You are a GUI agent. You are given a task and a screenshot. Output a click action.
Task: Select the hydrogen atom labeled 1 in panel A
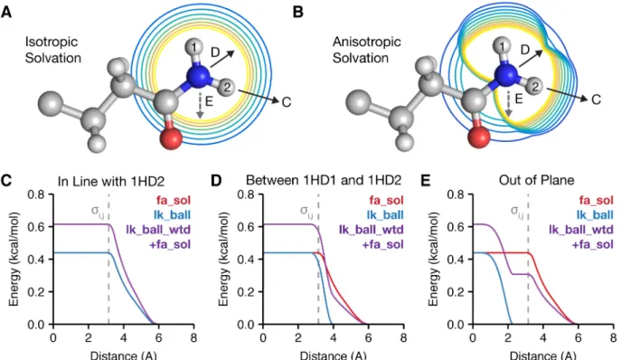click(x=194, y=48)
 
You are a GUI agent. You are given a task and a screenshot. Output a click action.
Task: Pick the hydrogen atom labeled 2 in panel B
click(x=535, y=86)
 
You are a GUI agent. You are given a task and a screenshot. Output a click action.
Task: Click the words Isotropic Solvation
click(x=53, y=50)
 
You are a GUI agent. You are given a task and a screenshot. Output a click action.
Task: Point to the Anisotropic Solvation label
click(x=367, y=50)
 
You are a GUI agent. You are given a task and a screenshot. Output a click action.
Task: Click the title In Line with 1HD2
click(x=111, y=181)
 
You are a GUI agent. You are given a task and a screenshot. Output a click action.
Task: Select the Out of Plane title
click(x=536, y=180)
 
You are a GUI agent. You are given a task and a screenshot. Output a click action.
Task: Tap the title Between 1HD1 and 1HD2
click(x=324, y=180)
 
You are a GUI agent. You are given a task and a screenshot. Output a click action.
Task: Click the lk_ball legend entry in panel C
click(x=173, y=214)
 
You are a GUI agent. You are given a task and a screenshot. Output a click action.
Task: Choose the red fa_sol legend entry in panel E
click(x=596, y=200)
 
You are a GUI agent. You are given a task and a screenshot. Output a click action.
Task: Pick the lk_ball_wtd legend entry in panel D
click(x=371, y=230)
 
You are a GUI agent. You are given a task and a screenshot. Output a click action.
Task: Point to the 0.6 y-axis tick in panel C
click(x=37, y=227)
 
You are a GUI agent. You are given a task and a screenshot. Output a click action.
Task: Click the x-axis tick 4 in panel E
click(x=543, y=337)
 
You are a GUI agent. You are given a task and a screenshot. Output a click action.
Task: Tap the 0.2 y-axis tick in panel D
click(x=247, y=292)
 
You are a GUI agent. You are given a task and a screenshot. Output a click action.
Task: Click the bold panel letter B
click(x=298, y=12)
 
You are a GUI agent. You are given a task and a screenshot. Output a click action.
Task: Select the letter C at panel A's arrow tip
click(x=287, y=102)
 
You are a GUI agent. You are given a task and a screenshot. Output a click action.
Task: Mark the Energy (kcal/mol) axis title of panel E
click(x=433, y=259)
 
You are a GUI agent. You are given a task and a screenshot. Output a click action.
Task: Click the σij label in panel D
click(x=306, y=211)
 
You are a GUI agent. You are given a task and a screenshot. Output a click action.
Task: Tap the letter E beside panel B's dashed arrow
click(x=519, y=99)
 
